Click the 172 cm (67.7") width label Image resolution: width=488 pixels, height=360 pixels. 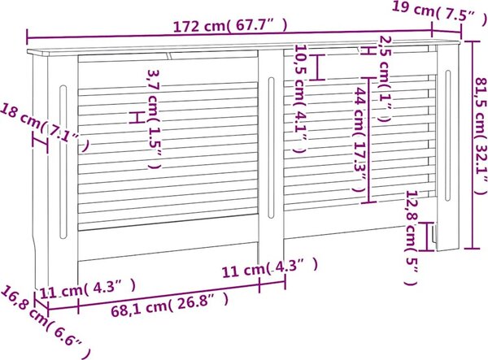pyautogui.click(x=230, y=26)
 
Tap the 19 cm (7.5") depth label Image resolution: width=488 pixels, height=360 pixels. pyautogui.click(x=440, y=11)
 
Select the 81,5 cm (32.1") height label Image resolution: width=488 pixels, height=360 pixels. pyautogui.click(x=481, y=136)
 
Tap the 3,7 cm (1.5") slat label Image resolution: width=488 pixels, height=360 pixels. pyautogui.click(x=154, y=119)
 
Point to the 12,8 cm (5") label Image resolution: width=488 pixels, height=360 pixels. pyautogui.click(x=411, y=238)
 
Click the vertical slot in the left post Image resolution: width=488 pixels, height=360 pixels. pyautogui.click(x=63, y=162)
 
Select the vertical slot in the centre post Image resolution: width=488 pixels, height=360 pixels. pyautogui.click(x=271, y=148)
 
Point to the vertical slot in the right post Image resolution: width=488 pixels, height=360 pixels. pyautogui.click(x=447, y=136)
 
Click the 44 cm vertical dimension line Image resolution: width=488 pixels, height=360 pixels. pyautogui.click(x=368, y=139)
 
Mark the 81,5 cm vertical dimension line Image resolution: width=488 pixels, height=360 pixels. pyautogui.click(x=473, y=145)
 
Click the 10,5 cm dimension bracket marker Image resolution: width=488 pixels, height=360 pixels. pyautogui.click(x=317, y=67)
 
